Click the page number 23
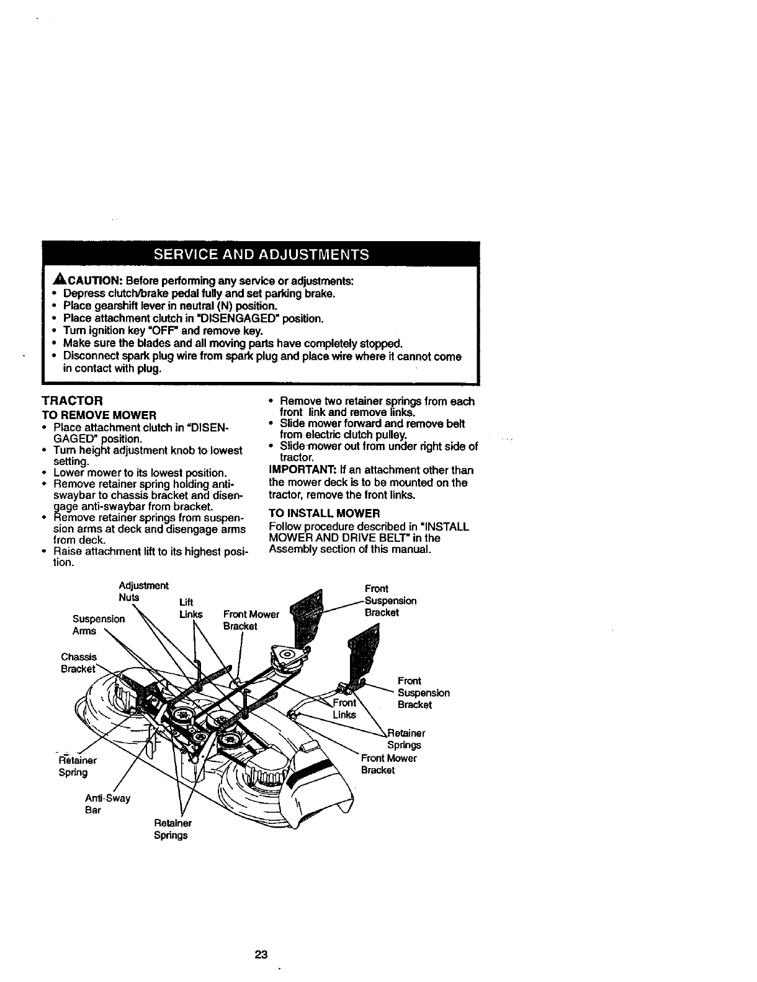pos(261,955)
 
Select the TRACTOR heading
pos(71,401)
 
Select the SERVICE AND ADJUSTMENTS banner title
pos(261,254)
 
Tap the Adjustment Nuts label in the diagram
pos(143,591)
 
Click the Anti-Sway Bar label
pos(107,803)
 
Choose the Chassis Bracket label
pos(79,663)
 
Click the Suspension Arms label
pos(98,625)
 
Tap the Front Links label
pos(344,709)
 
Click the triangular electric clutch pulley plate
pos(287,657)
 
